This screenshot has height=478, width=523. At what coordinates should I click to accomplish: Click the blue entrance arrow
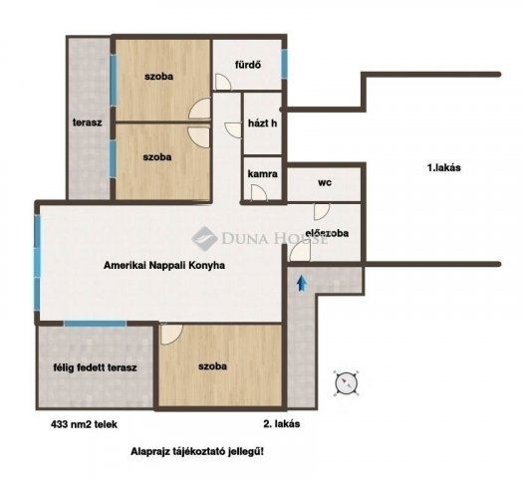click(302, 283)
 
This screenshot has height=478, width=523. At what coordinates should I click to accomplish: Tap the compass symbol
click(347, 383)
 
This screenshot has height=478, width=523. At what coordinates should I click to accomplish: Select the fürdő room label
click(248, 65)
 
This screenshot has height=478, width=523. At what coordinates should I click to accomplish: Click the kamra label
click(263, 174)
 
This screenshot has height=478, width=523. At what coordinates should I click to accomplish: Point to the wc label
click(325, 182)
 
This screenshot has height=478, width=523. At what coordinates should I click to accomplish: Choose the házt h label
click(263, 123)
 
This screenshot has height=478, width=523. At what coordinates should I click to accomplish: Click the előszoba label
click(327, 233)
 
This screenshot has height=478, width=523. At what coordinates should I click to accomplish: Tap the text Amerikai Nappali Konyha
click(164, 265)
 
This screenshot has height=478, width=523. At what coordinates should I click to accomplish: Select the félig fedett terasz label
click(95, 367)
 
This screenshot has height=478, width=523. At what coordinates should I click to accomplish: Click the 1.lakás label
click(444, 167)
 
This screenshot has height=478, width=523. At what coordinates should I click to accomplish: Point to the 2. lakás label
click(282, 423)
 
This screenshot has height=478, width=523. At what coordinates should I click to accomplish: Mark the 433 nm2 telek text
click(84, 424)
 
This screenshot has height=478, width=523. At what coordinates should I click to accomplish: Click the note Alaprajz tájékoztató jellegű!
click(197, 452)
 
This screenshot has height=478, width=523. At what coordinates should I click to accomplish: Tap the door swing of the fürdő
click(223, 82)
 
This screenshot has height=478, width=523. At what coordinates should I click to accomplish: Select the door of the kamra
click(259, 193)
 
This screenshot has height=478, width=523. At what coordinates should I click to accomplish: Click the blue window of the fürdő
click(284, 64)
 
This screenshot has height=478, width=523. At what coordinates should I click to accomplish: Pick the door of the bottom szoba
click(171, 334)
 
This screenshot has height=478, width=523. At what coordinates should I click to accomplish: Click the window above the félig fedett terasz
click(95, 324)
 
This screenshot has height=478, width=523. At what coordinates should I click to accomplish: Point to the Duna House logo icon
click(204, 237)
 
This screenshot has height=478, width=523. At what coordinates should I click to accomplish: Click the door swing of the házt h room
click(233, 130)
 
